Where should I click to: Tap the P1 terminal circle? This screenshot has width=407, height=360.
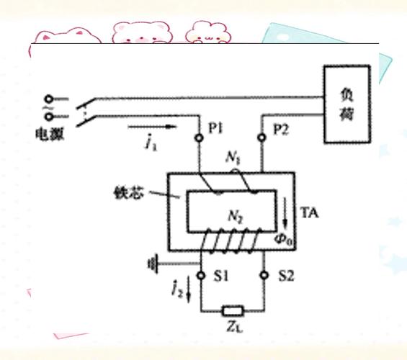199,138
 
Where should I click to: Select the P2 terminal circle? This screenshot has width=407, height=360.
262,138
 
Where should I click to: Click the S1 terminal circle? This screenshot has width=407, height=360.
201,276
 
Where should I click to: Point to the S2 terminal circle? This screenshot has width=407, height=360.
264,275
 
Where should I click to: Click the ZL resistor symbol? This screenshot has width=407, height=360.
233,311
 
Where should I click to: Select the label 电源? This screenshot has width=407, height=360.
50,134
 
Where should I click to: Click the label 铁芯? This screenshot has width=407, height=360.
128,193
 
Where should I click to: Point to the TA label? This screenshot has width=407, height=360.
309,213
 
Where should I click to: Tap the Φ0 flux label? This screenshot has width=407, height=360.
283,239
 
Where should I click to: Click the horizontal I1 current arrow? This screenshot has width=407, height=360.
153,127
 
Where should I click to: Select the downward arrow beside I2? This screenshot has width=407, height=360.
189,289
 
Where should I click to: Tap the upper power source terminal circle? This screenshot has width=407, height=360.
49,99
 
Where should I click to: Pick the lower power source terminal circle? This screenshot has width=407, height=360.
49,117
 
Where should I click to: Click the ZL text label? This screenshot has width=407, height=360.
234,327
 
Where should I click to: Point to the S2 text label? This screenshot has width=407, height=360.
287,276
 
